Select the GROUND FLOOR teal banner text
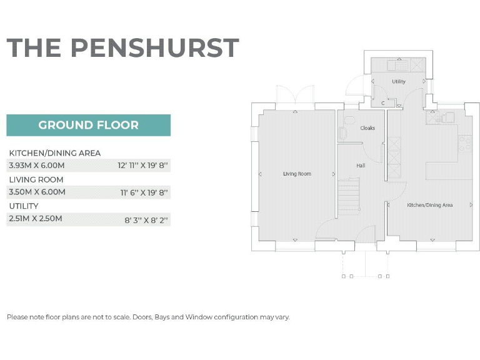88,125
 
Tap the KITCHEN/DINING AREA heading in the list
55,153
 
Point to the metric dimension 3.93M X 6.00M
36,166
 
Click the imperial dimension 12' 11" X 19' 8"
143,166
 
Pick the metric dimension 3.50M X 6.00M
36,192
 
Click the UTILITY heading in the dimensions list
24,206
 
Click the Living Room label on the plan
297,174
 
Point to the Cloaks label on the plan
367,128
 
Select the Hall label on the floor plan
361,166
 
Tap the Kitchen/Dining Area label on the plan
430,205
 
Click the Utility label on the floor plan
398,82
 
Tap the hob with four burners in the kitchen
464,144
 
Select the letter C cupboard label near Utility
382,102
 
